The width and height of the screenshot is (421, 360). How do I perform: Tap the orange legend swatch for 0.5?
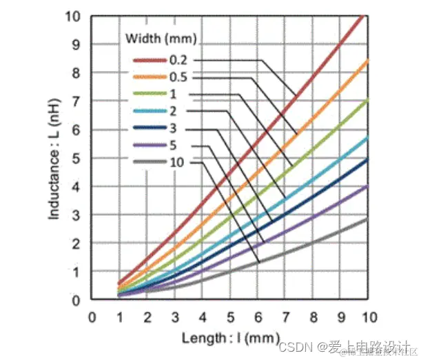[x=150, y=77]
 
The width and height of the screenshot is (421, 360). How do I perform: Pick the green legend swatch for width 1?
[x=150, y=94]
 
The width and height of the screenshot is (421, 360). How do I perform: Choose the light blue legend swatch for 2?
[x=150, y=111]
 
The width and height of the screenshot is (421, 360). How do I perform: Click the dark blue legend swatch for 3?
[x=150, y=128]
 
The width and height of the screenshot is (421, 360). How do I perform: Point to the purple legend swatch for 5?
[x=150, y=146]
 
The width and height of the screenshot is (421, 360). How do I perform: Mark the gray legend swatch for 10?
[x=150, y=163]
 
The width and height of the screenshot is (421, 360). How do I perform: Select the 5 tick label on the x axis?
[x=231, y=317]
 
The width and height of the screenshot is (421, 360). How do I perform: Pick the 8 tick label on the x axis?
[x=314, y=317]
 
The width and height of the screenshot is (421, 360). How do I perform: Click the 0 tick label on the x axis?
[x=92, y=317]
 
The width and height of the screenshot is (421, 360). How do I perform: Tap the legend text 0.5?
[x=178, y=77]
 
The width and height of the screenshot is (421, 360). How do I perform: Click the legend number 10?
[x=176, y=163]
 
